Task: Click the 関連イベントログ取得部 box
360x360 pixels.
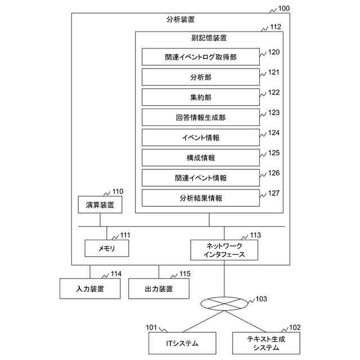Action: tap(200, 57)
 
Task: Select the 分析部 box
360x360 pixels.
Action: tap(200, 77)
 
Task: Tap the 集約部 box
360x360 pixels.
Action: tap(200, 97)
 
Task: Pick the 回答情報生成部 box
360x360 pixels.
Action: tap(200, 118)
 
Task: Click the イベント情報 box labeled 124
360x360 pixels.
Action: tap(200, 138)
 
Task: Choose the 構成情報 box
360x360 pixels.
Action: tap(200, 158)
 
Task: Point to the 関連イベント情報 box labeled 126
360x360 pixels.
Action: tap(200, 178)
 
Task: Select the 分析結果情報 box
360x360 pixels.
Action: tap(200, 198)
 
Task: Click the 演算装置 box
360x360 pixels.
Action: tap(100, 205)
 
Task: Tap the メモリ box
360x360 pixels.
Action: tap(106, 247)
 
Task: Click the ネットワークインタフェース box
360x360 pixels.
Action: tap(224, 250)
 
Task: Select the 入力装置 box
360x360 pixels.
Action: tap(89, 289)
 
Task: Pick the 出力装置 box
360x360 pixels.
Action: tap(159, 289)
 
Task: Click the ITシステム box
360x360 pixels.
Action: tap(182, 343)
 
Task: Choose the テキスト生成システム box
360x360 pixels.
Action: tap(266, 343)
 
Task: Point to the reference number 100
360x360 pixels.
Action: tap(284, 8)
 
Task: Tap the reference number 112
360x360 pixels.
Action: tap(276, 26)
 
